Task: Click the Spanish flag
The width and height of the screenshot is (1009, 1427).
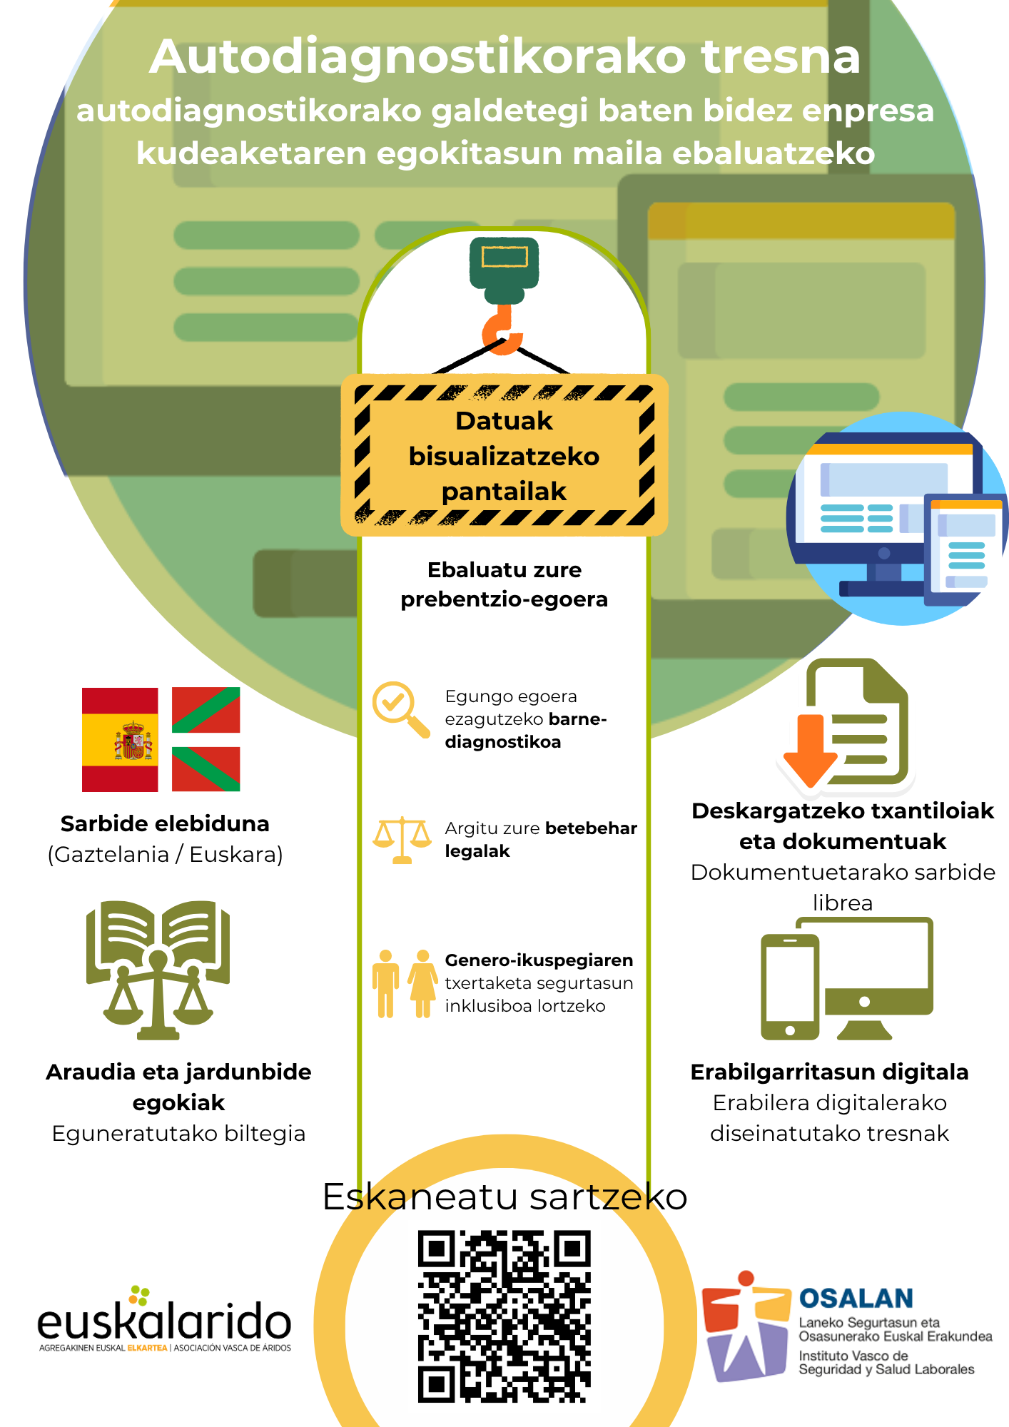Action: (x=120, y=739)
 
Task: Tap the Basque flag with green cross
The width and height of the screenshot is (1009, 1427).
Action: (x=206, y=739)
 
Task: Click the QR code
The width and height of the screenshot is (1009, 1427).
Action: (x=505, y=1316)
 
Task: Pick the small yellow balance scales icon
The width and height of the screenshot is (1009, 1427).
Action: (x=402, y=840)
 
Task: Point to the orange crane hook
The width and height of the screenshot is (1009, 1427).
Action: (x=502, y=330)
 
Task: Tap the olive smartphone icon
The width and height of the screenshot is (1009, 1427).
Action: (x=790, y=987)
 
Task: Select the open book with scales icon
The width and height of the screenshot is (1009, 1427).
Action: (x=158, y=970)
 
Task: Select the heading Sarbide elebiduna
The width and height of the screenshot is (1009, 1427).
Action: (x=165, y=824)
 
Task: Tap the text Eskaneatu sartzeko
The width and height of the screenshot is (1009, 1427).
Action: (x=505, y=1197)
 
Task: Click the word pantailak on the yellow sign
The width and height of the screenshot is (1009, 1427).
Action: (x=504, y=492)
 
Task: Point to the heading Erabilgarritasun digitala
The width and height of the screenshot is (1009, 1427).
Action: (x=829, y=1072)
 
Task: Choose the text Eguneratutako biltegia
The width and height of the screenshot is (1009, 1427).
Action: (x=178, y=1134)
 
